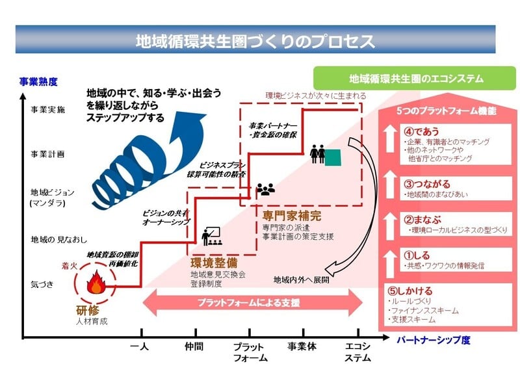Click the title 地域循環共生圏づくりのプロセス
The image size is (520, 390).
255,41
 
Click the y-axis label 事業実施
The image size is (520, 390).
48,110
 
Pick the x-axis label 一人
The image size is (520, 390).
139,346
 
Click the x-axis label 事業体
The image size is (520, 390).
302,346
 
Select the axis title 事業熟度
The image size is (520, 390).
38,82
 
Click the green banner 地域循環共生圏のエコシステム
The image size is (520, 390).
416,79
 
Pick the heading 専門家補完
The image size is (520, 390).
292,216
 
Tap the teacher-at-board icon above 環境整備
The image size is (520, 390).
209,236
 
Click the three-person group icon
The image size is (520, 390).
266,189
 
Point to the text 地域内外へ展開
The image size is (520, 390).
301,280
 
